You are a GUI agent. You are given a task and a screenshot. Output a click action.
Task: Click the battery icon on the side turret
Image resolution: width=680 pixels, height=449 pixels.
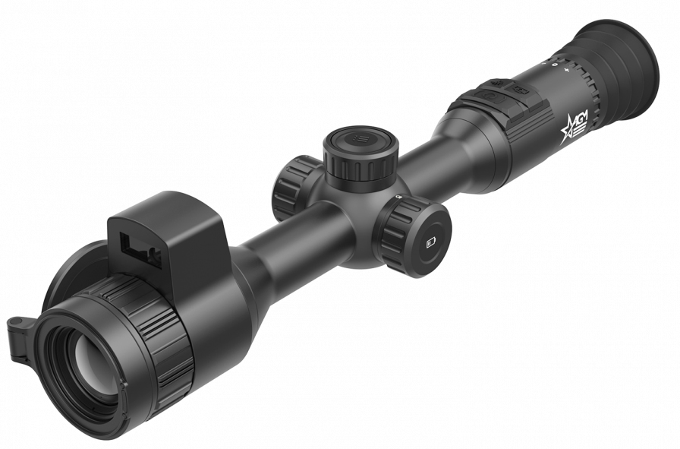click(x=430, y=242)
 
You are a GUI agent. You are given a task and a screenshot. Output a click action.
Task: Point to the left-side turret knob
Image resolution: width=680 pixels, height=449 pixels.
click(x=291, y=186)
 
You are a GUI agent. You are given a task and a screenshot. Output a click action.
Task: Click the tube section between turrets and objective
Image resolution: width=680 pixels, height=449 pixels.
click(x=288, y=243)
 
